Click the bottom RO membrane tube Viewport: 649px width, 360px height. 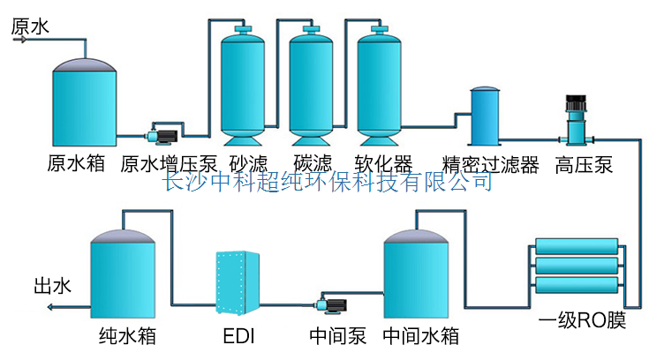click(x=578, y=284)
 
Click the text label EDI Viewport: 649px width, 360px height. click(x=240, y=336)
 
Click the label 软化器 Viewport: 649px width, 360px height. click(x=383, y=165)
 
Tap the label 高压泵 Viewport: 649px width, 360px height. click(x=584, y=165)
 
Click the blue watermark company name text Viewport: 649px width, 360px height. click(x=328, y=183)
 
